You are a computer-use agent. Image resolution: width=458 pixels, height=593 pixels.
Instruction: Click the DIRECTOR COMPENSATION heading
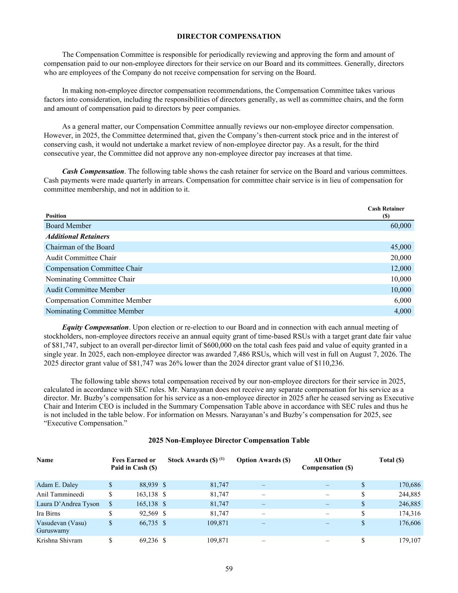pos(229,36)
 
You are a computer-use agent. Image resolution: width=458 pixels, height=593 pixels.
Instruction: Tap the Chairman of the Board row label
pos(80,247)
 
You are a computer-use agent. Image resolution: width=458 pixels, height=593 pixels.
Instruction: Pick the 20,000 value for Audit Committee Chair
pos(400,258)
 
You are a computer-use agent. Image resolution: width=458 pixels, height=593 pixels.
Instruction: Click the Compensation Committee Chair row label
pos(94,268)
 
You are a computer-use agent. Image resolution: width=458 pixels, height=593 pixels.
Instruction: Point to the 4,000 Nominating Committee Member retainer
pos(402,311)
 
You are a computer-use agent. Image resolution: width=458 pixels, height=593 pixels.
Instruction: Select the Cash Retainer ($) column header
pos(386,212)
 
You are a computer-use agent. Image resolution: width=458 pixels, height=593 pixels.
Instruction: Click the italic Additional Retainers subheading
pos(77,236)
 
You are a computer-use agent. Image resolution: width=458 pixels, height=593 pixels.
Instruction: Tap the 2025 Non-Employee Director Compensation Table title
pos(229,441)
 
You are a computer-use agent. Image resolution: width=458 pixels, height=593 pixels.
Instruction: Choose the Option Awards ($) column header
pos(263,460)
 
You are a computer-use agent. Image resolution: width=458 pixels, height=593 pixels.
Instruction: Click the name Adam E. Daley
pos(57,485)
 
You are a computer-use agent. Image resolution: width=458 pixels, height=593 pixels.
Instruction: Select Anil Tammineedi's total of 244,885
pos(409,494)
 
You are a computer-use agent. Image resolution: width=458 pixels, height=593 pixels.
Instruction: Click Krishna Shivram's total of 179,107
pos(409,540)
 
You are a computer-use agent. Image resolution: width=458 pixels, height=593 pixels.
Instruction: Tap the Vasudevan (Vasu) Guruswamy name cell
pos(61,527)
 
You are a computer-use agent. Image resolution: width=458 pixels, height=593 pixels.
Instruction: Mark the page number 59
pos(229,569)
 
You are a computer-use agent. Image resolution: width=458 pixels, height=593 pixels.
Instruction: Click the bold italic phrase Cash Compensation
pos(93,172)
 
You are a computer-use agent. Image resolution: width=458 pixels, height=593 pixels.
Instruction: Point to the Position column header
pos(56,216)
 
